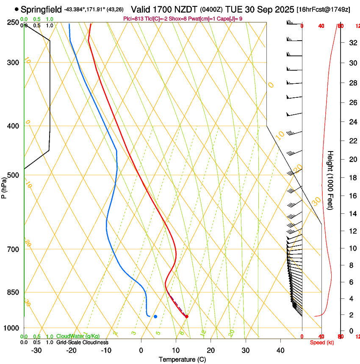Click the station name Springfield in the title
point(42,9)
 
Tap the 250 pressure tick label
point(12,22)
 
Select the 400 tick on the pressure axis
point(12,126)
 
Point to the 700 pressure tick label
point(12,249)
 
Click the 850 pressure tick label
point(12,292)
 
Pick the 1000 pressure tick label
point(11,328)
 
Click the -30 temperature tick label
point(36,350)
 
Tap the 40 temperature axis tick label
point(280,350)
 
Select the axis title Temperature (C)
point(182,359)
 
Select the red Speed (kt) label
point(322,342)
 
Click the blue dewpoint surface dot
point(155,316)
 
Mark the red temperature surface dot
point(186,316)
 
